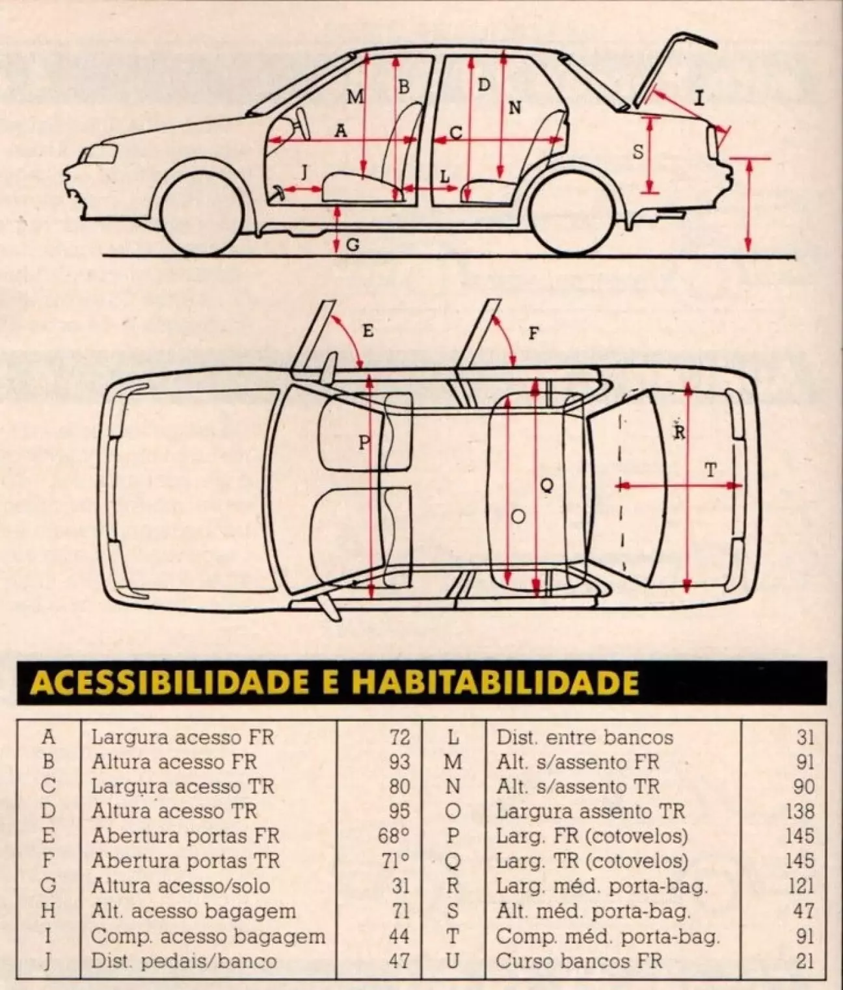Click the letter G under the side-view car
point(353,245)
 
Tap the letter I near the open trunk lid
point(699,98)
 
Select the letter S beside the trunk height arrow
point(638,153)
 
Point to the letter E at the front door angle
point(368,332)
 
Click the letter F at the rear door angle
point(533,334)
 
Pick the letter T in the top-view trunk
point(711,469)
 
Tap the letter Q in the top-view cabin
point(548,484)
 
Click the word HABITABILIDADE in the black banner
point(495,683)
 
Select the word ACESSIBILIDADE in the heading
point(166,683)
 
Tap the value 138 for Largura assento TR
point(799,811)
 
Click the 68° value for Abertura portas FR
point(394,836)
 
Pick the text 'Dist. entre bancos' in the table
point(584,738)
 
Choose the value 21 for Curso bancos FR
point(804,960)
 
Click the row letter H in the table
point(48,911)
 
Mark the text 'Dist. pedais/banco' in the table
point(183,960)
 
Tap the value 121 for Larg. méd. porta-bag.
point(800,886)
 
